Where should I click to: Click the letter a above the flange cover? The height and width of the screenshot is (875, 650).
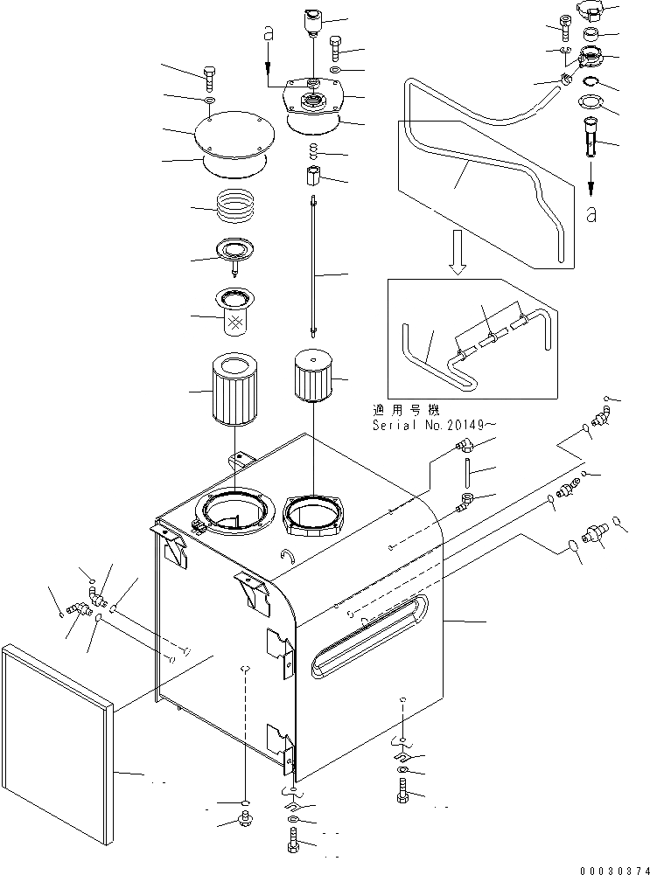tap(269, 35)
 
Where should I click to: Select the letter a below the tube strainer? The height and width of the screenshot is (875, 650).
tap(592, 213)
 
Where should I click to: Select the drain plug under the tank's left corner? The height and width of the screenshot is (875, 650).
tap(244, 819)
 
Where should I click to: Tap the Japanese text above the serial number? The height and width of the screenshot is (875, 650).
tap(405, 408)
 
